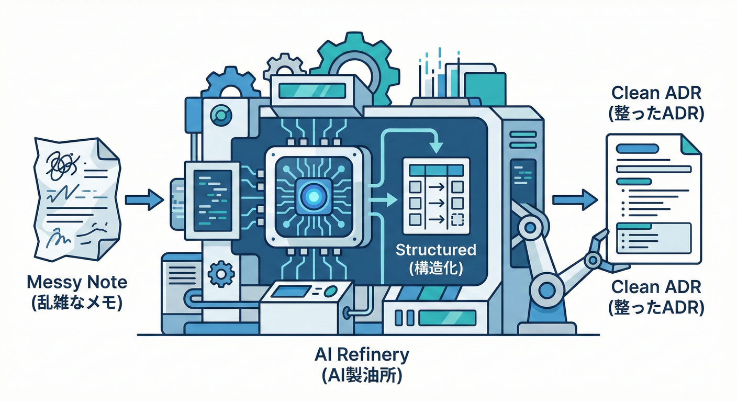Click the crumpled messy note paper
click(x=77, y=199)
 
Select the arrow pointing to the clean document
click(x=575, y=199)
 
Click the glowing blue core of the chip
click(x=314, y=197)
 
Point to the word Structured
click(x=436, y=250)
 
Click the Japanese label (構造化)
click(x=436, y=269)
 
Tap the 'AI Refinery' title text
click(x=362, y=355)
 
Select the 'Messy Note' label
click(x=77, y=283)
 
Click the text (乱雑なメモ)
click(x=77, y=303)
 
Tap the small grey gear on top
click(x=284, y=68)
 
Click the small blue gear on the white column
click(x=221, y=274)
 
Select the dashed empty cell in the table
click(x=457, y=219)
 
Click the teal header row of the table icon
click(x=436, y=170)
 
